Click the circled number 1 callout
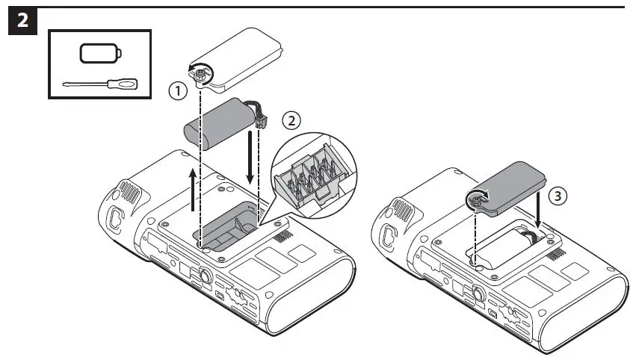click(x=176, y=91)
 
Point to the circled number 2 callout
click(x=292, y=120)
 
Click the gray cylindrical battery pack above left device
click(x=220, y=126)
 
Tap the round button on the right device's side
click(x=475, y=292)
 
